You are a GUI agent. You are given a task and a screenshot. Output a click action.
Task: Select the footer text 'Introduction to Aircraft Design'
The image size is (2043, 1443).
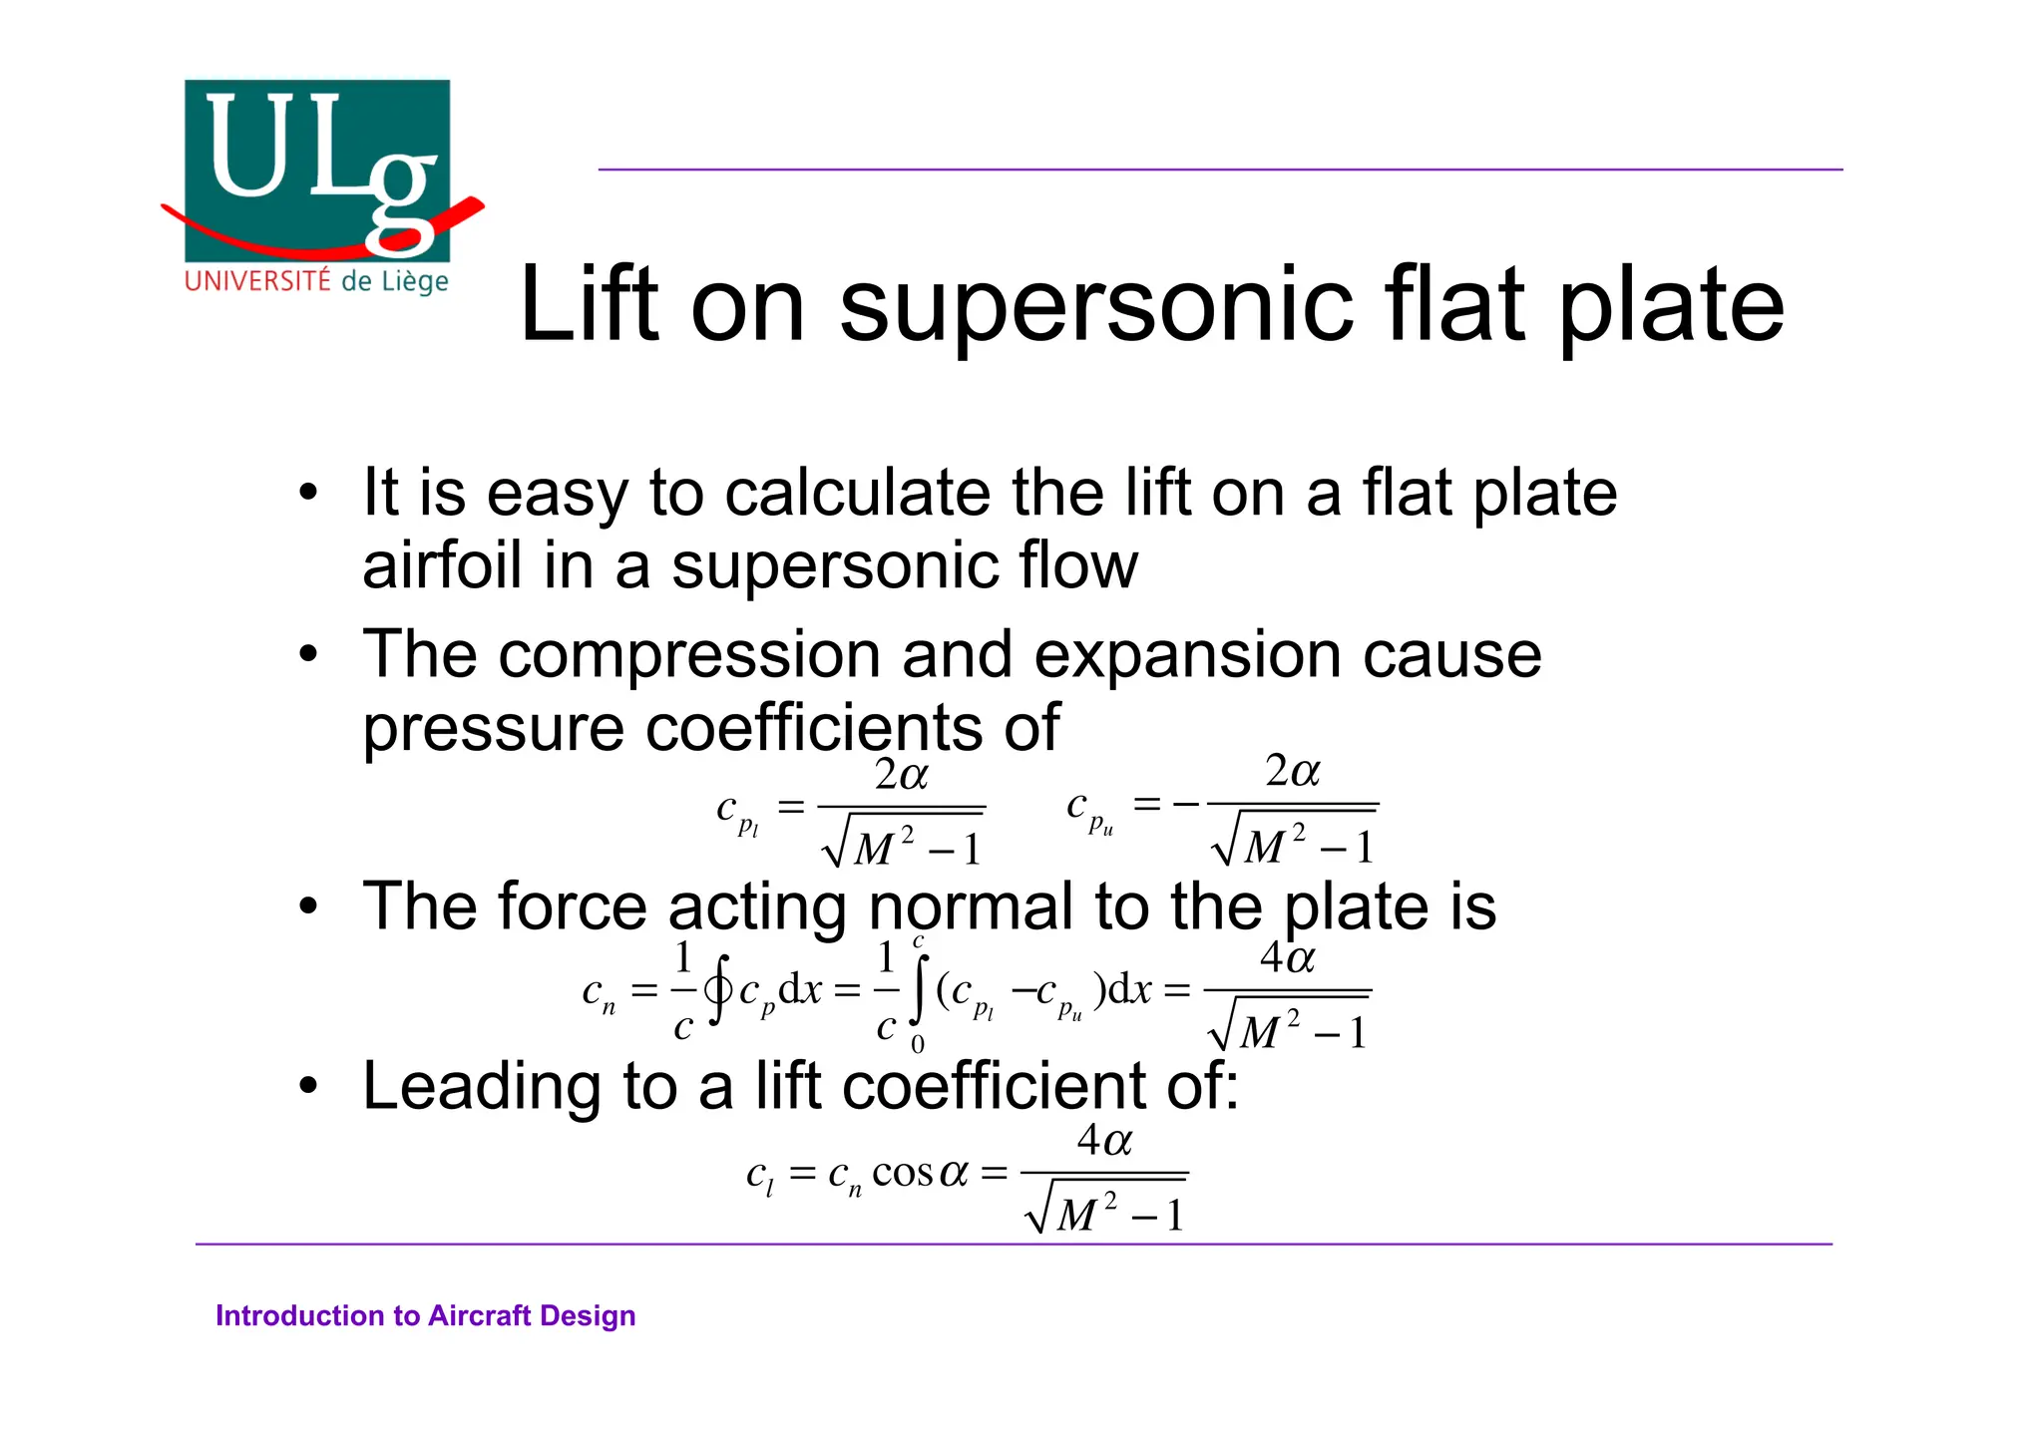(425, 1315)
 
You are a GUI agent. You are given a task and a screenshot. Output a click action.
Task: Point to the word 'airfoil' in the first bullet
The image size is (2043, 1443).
(442, 565)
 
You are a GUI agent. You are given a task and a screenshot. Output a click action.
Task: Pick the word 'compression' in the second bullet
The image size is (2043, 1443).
(689, 655)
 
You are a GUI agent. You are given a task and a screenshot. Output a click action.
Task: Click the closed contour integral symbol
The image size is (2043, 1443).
(718, 989)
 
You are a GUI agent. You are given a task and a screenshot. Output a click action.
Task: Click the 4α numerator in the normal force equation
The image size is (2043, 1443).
(1287, 958)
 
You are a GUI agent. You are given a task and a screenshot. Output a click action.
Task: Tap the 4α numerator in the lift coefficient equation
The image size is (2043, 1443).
(1104, 1140)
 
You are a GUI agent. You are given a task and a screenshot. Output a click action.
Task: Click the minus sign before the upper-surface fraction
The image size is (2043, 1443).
(1187, 804)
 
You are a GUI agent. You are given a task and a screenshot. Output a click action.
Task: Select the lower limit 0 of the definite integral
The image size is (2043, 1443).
(918, 1044)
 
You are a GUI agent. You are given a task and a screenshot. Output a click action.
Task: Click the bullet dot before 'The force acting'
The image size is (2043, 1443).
(309, 906)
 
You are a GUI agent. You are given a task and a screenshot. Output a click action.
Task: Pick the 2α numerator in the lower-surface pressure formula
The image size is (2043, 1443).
(901, 775)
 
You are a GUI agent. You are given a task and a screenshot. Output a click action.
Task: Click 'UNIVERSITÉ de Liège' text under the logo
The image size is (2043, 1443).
(316, 281)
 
